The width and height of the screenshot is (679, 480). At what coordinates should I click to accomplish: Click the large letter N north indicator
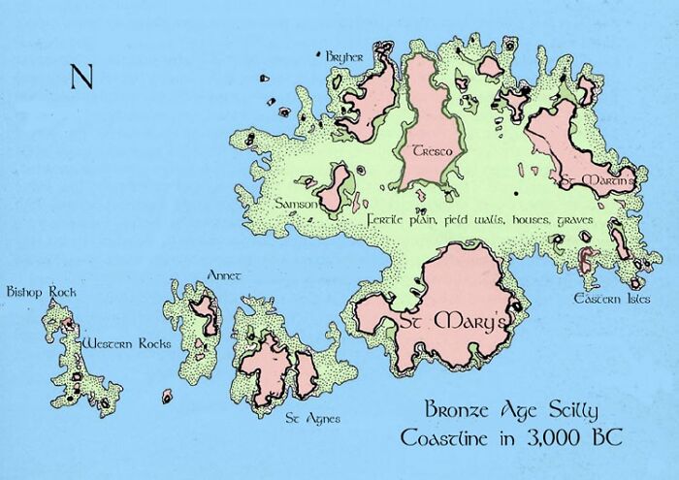81,77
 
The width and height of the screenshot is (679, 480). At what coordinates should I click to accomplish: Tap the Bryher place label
344,57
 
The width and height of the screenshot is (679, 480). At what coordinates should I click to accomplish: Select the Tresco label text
429,151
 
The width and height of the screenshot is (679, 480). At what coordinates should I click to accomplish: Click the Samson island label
295,204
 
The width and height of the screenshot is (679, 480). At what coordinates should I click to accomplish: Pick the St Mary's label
447,322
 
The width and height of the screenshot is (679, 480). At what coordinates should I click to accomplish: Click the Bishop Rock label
40,290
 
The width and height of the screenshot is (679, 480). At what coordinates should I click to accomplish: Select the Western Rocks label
126,343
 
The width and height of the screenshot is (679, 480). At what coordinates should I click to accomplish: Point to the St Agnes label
306,419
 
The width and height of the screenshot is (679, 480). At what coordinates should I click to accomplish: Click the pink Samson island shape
335,187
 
